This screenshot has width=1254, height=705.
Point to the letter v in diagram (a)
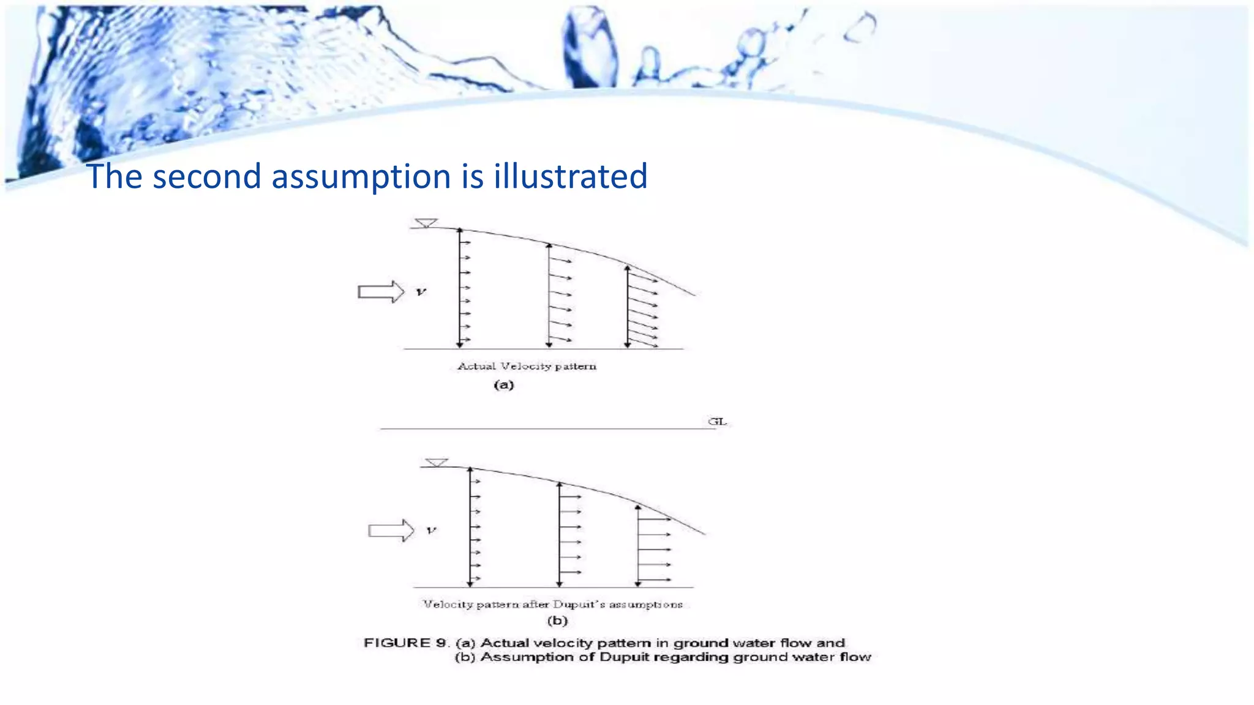(x=421, y=292)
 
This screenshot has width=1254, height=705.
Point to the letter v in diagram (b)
(x=431, y=530)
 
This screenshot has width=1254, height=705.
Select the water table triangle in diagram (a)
(x=426, y=223)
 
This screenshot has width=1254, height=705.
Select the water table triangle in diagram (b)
(x=437, y=462)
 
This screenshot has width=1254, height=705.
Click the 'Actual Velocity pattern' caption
(x=527, y=366)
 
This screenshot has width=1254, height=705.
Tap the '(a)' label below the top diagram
(x=503, y=385)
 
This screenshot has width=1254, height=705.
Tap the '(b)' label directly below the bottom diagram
(x=557, y=621)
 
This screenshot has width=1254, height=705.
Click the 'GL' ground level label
(x=717, y=421)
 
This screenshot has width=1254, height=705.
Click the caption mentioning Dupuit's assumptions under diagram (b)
(x=552, y=604)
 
